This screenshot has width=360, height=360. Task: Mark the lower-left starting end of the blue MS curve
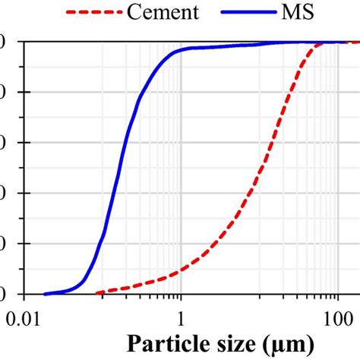click(x=45, y=293)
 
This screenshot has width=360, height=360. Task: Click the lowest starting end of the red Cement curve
click(x=97, y=293)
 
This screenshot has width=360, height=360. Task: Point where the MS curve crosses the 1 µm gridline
click(x=181, y=50)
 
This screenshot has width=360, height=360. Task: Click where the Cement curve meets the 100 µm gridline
click(x=336, y=42)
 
